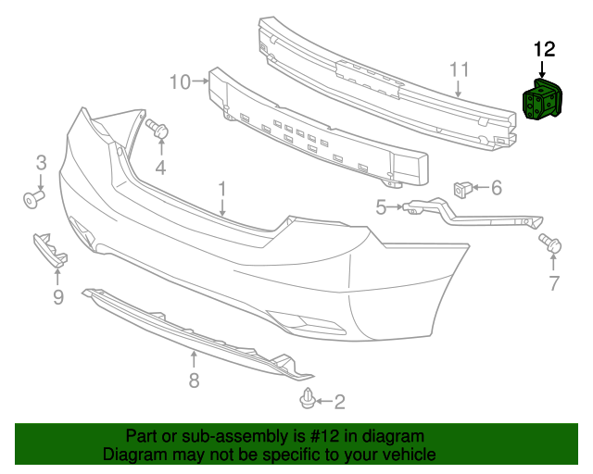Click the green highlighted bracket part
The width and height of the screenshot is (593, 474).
coord(541,99)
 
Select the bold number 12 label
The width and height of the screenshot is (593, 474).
coord(544,49)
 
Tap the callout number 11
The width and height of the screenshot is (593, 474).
coord(460,70)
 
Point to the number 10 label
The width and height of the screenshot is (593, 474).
coord(180,82)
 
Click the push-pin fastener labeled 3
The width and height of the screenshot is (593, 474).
coord(33,199)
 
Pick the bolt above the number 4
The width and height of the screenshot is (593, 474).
coord(157,128)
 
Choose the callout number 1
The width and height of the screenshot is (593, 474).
coord(222,189)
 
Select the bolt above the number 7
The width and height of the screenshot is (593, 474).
coord(550,243)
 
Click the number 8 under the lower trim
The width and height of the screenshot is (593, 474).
coord(194,380)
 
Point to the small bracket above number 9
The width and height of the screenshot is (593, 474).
coord(50,249)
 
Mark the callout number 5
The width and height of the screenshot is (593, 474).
coord(381,207)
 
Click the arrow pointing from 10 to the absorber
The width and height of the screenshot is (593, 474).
coord(201,81)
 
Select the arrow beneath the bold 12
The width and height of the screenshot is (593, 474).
coord(542,70)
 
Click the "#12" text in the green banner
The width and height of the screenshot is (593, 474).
coord(323,436)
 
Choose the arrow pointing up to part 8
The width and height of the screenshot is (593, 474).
coord(194,359)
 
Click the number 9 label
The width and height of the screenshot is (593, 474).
coord(58,297)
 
